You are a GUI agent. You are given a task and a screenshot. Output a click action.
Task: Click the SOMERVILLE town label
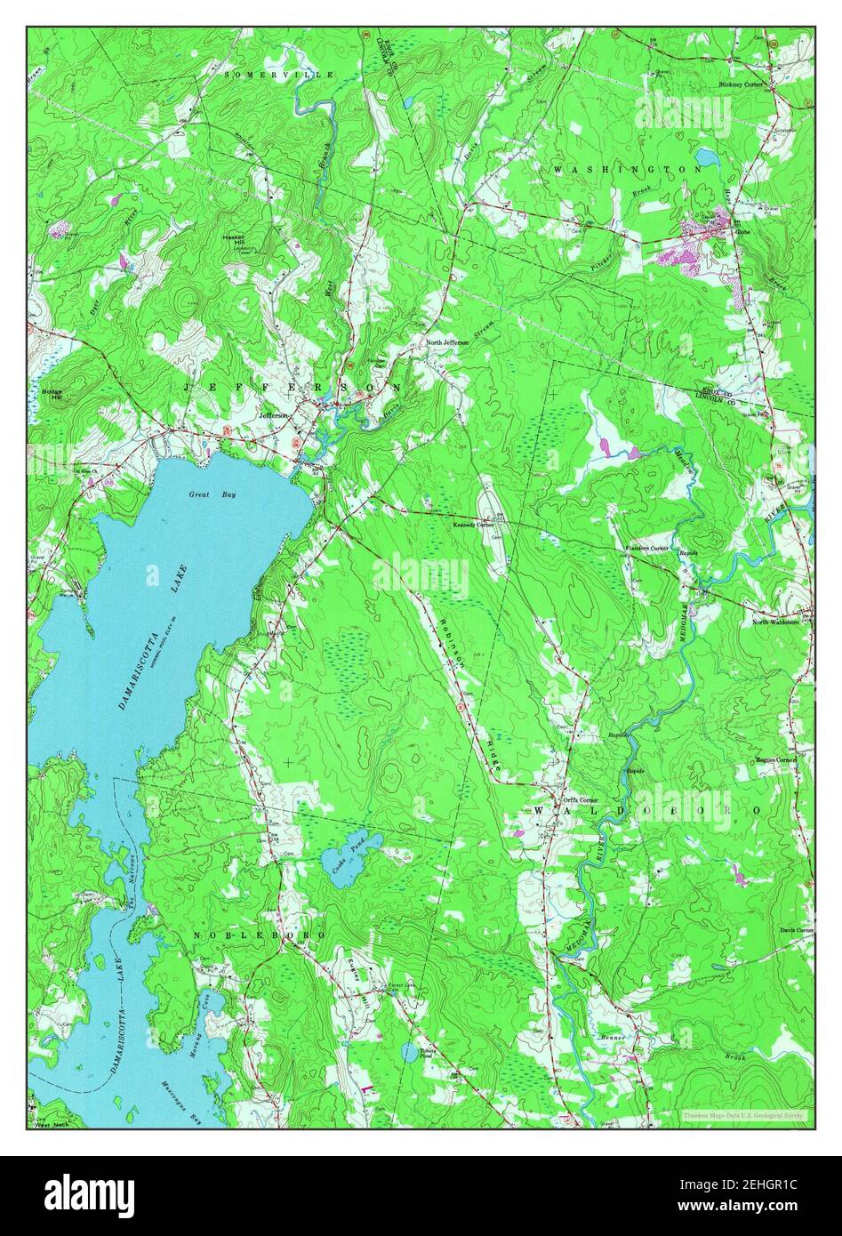click(278, 76)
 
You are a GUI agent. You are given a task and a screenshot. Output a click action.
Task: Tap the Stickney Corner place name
click(744, 84)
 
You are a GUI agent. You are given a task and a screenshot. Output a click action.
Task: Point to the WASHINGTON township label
click(626, 168)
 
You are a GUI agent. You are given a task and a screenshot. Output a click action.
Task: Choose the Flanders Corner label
click(646, 549)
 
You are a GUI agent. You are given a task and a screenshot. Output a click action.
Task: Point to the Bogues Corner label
click(774, 760)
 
